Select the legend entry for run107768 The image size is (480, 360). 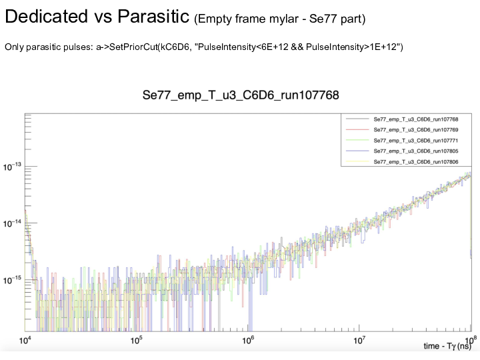pyautogui.click(x=407, y=119)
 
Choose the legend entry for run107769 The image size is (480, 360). pyautogui.click(x=407, y=130)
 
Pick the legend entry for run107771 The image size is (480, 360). pyautogui.click(x=407, y=141)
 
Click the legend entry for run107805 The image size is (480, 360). pyautogui.click(x=407, y=152)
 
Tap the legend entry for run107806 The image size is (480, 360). pyautogui.click(x=407, y=163)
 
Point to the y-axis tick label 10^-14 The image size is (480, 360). pyautogui.click(x=13, y=223)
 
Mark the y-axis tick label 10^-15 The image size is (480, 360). pyautogui.click(x=13, y=281)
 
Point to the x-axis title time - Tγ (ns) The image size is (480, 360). pyautogui.click(x=447, y=347)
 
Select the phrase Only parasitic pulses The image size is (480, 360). pyautogui.click(x=40, y=47)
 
